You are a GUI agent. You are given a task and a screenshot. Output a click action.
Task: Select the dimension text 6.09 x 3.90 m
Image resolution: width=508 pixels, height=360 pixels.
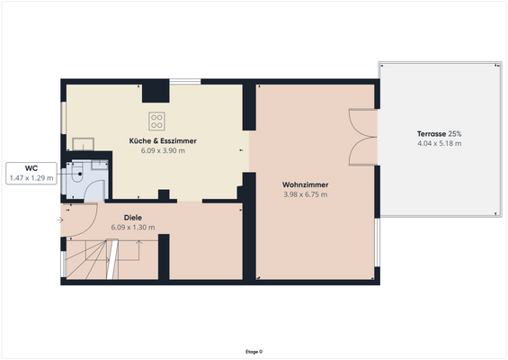163,151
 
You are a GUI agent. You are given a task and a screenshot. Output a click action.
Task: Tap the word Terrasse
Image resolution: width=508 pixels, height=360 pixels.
432,133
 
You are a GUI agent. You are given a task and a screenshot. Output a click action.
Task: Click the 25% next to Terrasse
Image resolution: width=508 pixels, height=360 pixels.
456,133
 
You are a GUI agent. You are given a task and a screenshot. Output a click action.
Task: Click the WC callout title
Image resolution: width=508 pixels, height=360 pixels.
31,168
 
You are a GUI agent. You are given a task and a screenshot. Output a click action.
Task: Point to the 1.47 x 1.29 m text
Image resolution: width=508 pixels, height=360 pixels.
31,178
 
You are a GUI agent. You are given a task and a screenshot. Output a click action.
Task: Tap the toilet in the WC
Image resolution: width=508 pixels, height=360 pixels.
80,177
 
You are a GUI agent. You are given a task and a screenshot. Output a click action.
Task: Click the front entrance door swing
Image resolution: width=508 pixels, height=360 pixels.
79,220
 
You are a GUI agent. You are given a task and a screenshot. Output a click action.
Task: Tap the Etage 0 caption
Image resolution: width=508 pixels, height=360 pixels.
254,351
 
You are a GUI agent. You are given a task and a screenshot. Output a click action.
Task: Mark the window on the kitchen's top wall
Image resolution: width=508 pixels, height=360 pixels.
185,82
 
